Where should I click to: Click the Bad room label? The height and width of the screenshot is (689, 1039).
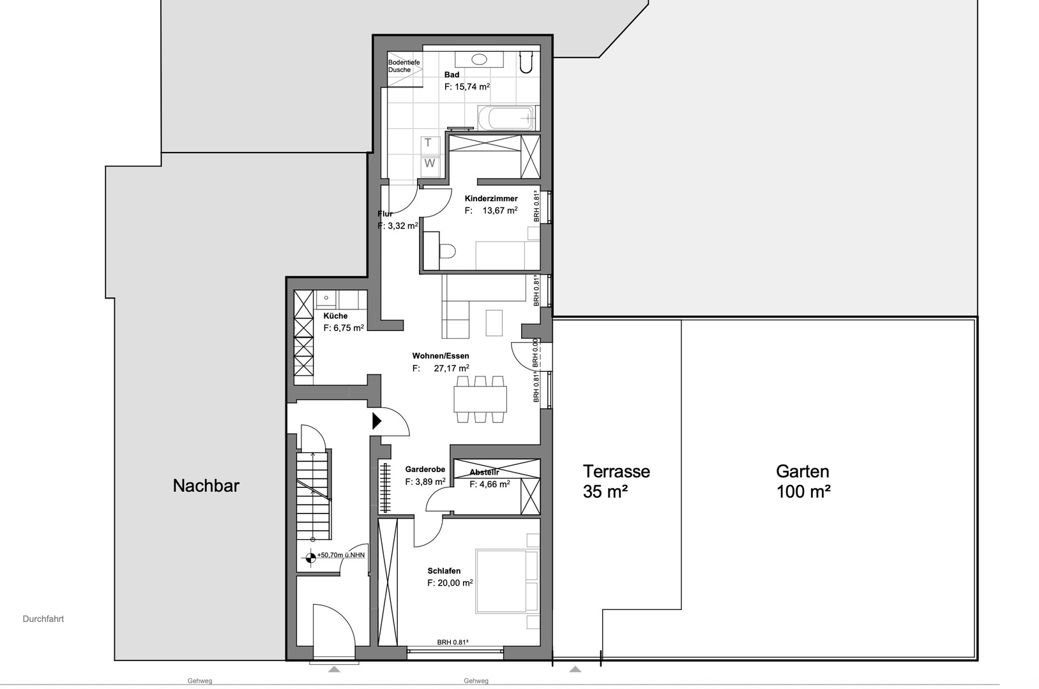tap(451, 75)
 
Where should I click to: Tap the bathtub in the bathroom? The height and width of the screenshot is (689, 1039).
tap(505, 118)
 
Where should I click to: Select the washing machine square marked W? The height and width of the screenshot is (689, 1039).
tap(430, 163)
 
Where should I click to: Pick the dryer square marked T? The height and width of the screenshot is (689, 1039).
tap(428, 143)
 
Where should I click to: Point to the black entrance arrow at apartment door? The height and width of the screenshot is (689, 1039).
tap(377, 421)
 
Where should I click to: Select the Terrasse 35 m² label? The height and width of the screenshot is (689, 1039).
tap(616, 481)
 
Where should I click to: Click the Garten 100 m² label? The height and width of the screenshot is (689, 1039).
tap(803, 481)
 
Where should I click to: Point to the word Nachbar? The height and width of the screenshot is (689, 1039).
tap(206, 486)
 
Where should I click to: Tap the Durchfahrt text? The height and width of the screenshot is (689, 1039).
tap(43, 619)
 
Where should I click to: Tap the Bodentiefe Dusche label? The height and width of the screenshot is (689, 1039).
tap(404, 66)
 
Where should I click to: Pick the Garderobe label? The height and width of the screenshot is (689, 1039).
tap(425, 470)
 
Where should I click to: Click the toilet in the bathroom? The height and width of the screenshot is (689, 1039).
tap(525, 60)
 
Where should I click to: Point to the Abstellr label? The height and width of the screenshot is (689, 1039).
tap(484, 472)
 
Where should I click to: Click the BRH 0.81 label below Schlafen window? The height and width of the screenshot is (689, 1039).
tap(453, 642)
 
